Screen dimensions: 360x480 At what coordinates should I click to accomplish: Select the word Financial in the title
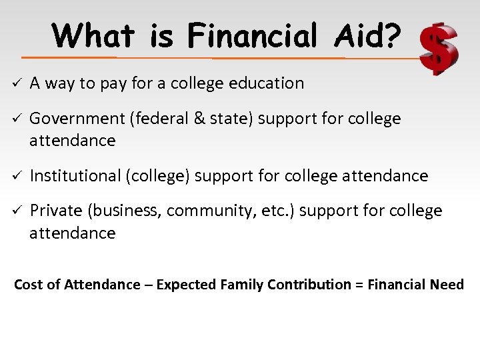click(x=253, y=35)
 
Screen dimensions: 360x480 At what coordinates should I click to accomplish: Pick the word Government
click(x=77, y=119)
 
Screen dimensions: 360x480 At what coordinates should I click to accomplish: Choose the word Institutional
click(x=75, y=176)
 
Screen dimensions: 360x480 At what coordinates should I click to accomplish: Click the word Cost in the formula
click(x=28, y=285)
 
